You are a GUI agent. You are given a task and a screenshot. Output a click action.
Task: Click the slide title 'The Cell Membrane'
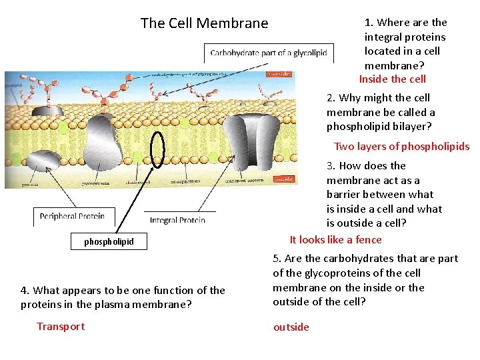click(204, 23)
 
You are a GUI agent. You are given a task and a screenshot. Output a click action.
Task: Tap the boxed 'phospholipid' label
click(109, 241)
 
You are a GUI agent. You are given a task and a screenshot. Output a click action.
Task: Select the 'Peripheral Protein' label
click(72, 216)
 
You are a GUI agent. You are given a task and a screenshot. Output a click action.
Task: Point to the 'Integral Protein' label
click(177, 220)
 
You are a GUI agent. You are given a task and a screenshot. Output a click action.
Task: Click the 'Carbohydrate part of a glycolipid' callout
click(269, 53)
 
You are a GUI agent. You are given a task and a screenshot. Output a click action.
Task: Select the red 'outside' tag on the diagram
click(278, 74)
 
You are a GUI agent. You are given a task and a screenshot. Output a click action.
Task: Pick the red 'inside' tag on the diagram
click(285, 179)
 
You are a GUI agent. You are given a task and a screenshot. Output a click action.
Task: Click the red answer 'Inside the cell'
click(392, 79)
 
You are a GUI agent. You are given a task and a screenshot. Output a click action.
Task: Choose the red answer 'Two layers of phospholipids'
click(401, 147)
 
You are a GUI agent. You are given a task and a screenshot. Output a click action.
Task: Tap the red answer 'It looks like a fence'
click(335, 240)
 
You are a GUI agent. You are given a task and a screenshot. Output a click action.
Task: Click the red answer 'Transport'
click(61, 326)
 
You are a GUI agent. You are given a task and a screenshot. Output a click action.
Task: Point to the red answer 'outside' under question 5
click(291, 327)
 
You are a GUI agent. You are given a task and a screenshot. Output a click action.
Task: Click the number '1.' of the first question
click(369, 23)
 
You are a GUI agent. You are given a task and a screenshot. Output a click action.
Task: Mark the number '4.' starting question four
click(25, 291)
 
